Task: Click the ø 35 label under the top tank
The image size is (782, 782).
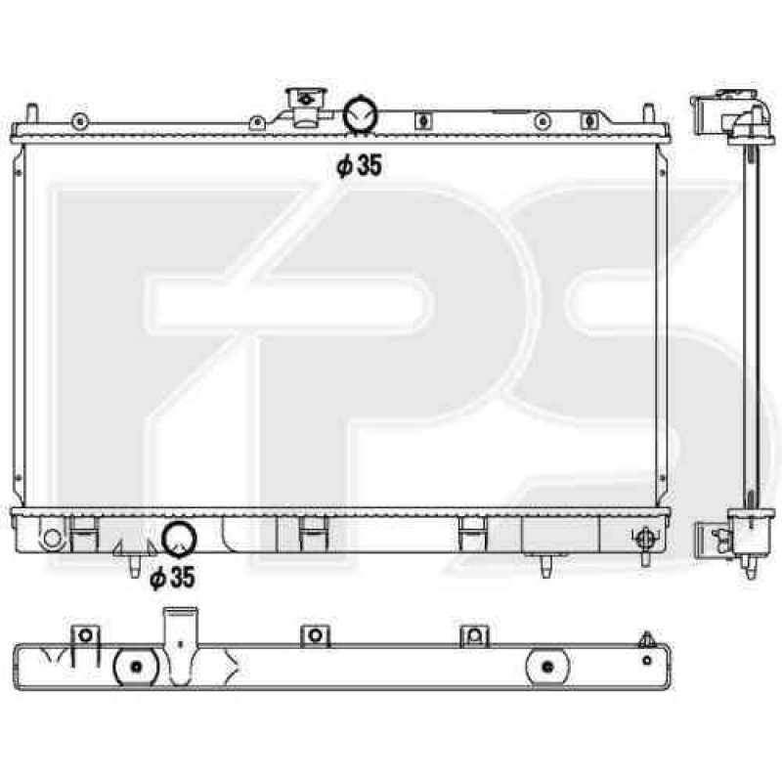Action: [359, 167]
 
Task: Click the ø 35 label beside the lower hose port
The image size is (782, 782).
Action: [171, 579]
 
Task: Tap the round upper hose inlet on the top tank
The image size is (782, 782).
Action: [361, 114]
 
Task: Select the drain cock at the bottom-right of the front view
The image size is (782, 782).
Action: [644, 540]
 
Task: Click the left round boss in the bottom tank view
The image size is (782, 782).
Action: [136, 668]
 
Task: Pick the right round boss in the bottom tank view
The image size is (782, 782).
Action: [548, 668]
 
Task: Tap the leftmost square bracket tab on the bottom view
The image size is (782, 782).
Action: [85, 635]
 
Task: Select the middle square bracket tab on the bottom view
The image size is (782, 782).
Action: [315, 635]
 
